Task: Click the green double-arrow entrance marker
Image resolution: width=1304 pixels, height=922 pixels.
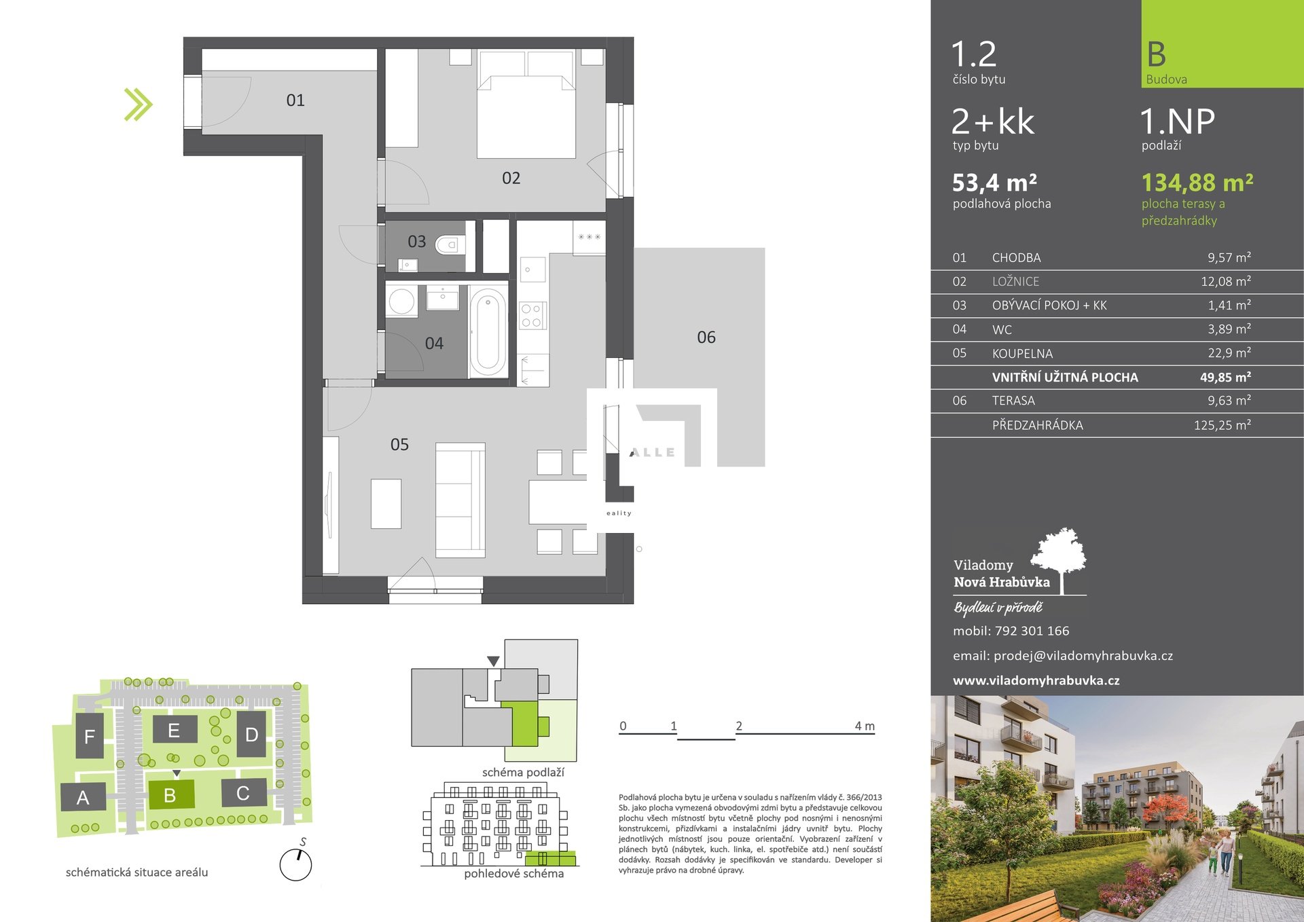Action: tap(139, 105)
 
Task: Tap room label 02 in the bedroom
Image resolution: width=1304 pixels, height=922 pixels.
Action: tap(511, 178)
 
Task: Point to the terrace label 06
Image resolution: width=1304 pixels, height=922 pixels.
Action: tap(706, 337)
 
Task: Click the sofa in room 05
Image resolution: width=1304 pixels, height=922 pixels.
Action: tap(460, 500)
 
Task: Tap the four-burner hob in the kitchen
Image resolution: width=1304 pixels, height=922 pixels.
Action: tap(532, 316)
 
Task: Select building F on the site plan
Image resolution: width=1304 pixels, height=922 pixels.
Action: tap(90, 736)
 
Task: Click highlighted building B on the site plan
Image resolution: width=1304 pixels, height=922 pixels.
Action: tap(170, 794)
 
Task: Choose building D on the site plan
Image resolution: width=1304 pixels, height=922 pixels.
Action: tap(251, 734)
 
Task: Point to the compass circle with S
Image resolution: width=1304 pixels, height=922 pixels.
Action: tap(295, 865)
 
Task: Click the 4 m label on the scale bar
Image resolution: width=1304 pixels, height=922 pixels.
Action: tap(865, 726)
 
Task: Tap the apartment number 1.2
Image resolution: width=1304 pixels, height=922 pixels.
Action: tap(974, 54)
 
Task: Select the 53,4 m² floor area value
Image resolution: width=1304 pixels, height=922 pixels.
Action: tap(994, 183)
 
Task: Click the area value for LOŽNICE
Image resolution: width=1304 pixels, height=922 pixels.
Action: tap(1226, 281)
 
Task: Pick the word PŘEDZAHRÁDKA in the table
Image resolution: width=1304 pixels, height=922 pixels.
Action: tap(1037, 425)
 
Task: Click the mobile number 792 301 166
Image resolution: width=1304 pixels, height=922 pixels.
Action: tap(1032, 631)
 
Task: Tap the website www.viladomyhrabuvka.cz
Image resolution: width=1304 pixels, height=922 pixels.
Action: tap(1036, 680)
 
